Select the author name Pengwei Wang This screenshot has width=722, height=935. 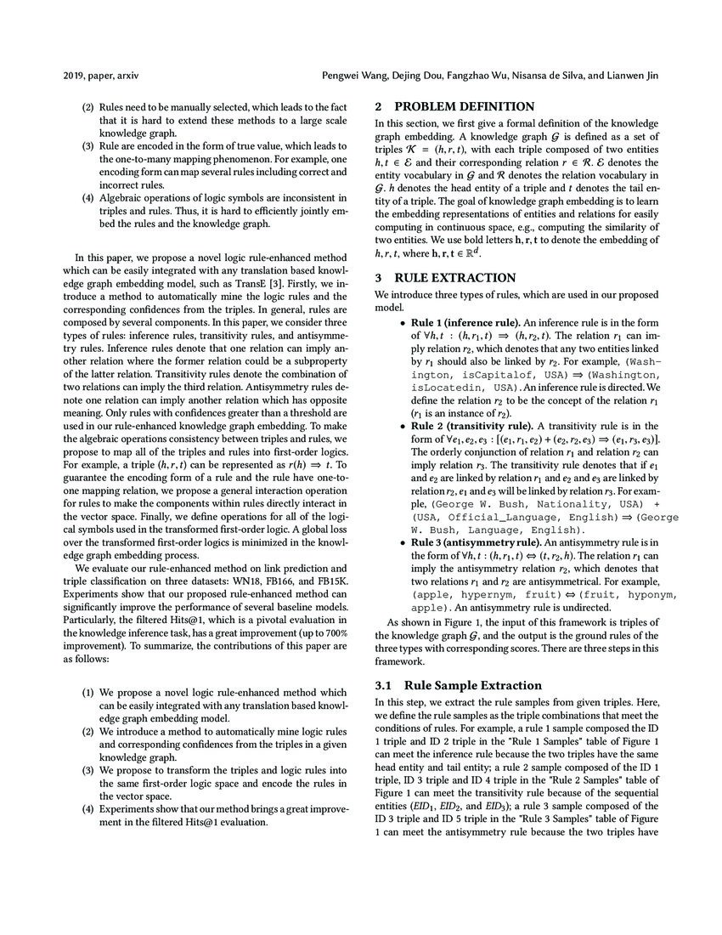357,76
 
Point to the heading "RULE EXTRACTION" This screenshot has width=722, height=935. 454,277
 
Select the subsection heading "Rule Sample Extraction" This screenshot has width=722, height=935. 473,684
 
